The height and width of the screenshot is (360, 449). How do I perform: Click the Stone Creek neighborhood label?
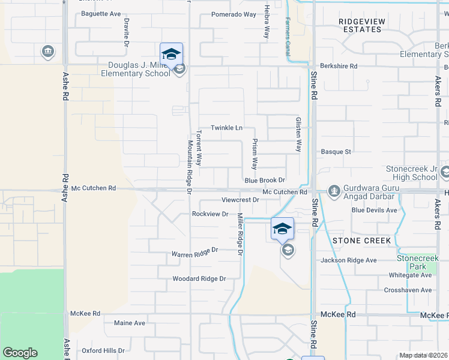click(x=361, y=241)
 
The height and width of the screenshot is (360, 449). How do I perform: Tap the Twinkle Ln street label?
click(x=226, y=128)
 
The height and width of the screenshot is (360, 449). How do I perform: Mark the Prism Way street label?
click(x=255, y=155)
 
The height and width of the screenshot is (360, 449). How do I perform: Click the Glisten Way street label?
click(x=298, y=134)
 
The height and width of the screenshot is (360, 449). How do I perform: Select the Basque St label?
click(x=336, y=152)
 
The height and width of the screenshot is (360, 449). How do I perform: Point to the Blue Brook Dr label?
click(x=264, y=180)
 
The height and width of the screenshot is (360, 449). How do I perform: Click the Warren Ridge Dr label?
click(x=194, y=254)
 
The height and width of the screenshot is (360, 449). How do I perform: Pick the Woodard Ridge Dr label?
click(x=199, y=279)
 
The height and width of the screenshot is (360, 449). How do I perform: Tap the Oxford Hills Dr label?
click(x=103, y=350)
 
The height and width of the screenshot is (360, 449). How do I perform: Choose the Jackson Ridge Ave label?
click(x=348, y=260)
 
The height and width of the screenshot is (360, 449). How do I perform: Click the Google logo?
click(x=20, y=353)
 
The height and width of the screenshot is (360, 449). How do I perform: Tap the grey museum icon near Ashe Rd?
click(x=47, y=52)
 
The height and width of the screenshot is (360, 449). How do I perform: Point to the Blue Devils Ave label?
click(x=375, y=210)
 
